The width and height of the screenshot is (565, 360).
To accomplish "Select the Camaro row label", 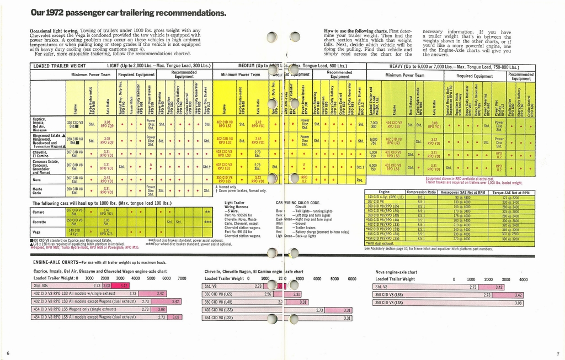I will pos(39,212).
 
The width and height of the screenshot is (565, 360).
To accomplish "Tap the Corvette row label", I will pos(40,222).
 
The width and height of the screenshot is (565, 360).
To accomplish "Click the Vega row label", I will pos(37,232).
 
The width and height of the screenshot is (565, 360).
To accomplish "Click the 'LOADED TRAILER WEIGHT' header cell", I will pos(59,66).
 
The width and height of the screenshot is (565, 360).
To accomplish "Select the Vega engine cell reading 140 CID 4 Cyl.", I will pos(74,232).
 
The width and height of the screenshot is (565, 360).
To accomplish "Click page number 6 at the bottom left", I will pos(8,353).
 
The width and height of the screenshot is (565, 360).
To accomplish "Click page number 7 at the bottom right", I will pos(558,353).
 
